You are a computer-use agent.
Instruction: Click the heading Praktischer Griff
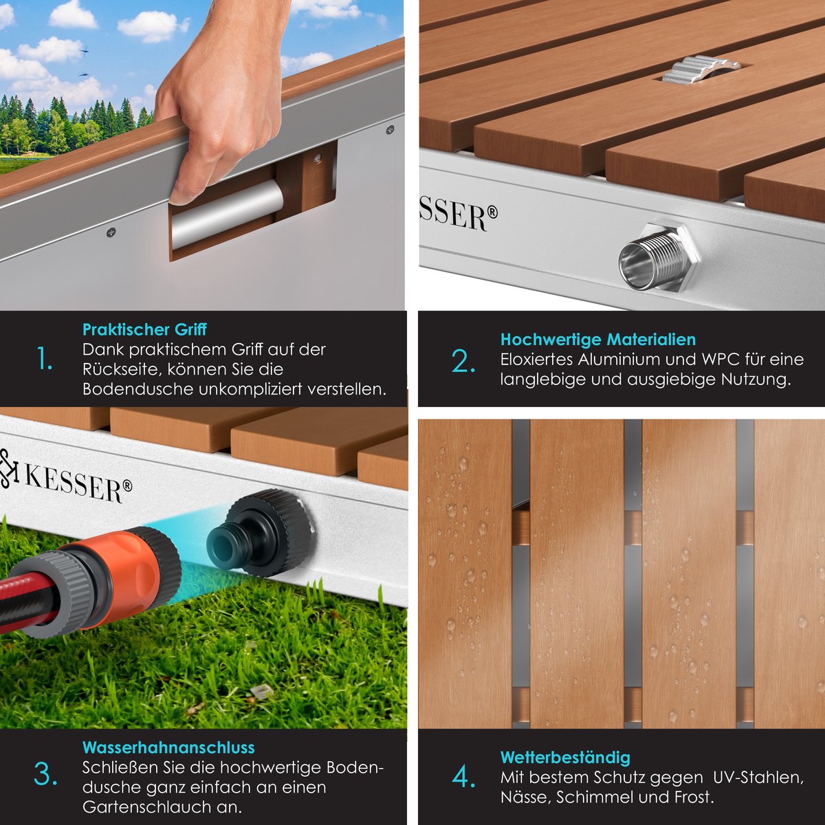(x=144, y=330)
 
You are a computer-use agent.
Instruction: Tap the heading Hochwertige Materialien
(x=597, y=340)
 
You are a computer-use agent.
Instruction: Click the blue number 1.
(x=45, y=358)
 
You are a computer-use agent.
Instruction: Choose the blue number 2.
(x=463, y=362)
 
